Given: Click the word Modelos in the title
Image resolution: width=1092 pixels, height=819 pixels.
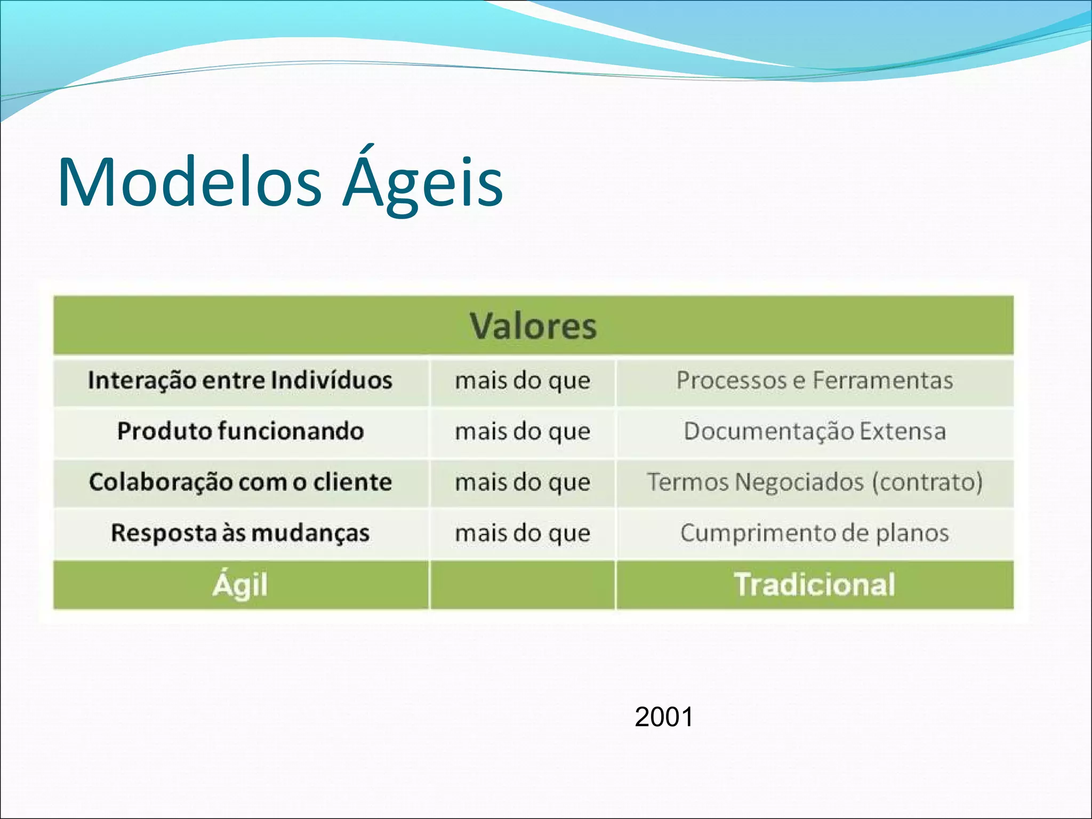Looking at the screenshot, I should coord(190,182).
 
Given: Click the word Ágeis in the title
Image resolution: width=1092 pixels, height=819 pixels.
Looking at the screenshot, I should coord(422,182).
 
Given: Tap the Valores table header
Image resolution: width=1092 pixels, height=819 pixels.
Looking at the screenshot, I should coord(533,326).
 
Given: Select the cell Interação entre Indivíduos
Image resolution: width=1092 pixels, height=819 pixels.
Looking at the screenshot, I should coord(240,381).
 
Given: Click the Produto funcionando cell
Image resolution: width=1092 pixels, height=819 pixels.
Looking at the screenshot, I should coord(240,431).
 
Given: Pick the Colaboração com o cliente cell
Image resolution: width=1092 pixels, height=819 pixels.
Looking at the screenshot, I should coord(240,482).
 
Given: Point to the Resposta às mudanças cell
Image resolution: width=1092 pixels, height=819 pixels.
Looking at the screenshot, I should coord(240,533).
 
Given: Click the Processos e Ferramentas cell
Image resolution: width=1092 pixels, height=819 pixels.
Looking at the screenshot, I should coord(815,381).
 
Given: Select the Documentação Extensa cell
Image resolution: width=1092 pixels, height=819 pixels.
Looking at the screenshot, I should coord(815,431).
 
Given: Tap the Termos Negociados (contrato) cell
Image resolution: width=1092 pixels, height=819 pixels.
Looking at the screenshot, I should coord(815,482).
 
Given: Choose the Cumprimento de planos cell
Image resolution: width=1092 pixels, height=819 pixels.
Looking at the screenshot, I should coord(815,533).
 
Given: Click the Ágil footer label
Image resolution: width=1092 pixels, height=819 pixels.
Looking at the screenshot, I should coord(240,585).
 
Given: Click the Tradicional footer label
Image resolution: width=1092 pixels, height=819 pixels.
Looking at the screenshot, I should coord(815,584).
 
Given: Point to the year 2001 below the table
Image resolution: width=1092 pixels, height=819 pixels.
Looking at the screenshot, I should coord(664,717).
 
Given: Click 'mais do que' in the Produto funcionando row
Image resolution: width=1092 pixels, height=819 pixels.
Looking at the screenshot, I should coord(523,431).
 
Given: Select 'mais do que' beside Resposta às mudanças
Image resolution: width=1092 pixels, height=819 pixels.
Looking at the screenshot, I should coord(523,533).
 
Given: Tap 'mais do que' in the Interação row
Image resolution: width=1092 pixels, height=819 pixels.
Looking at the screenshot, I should coord(523,381).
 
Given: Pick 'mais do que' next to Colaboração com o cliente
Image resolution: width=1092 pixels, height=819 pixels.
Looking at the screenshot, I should coord(523,482).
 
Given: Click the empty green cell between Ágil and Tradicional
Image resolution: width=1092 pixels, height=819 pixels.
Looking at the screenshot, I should coord(523,585).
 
